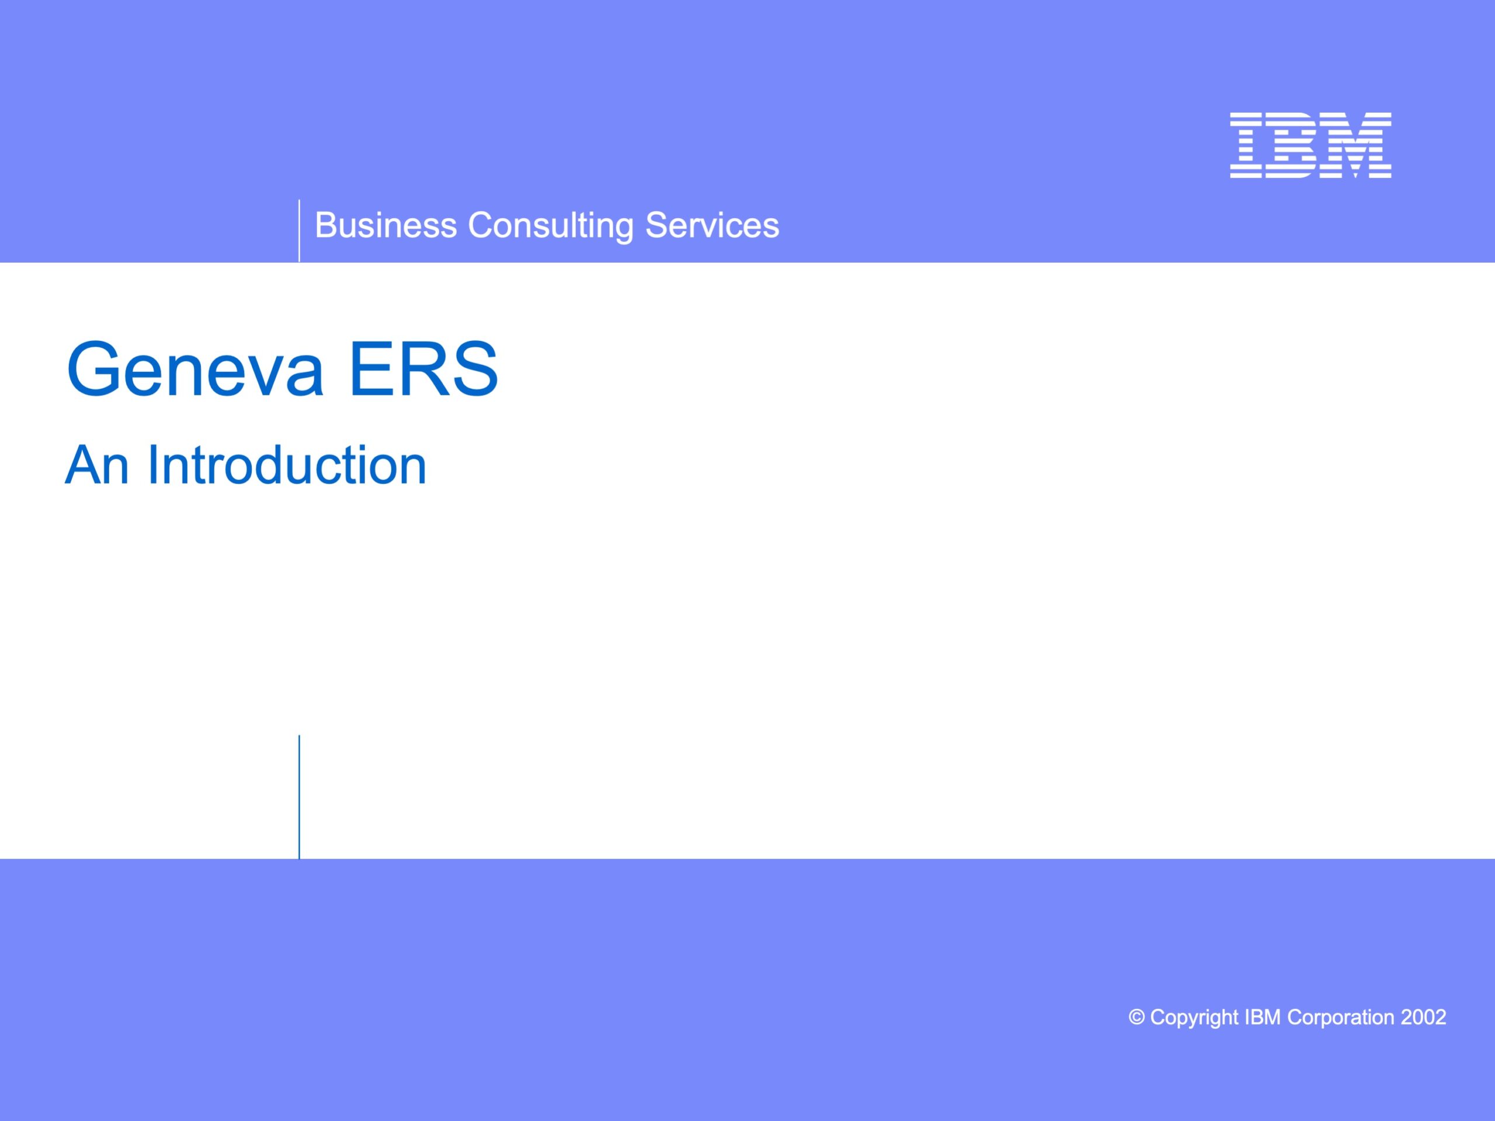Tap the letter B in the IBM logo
pos(1293,145)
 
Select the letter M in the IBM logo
pos(1356,145)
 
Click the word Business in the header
pos(386,225)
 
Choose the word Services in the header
pos(712,225)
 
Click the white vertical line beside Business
pos(299,231)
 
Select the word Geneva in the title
pos(195,369)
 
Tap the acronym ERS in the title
pos(424,369)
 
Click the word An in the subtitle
pos(96,465)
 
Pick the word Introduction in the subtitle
pos(287,465)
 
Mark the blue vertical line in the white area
pos(299,796)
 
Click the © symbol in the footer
pos(1137,1017)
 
